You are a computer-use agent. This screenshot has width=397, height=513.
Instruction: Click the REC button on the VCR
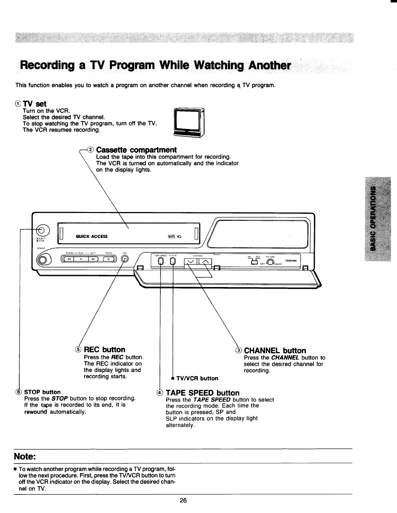pos(125,259)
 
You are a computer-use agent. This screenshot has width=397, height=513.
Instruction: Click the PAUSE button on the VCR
pos(109,259)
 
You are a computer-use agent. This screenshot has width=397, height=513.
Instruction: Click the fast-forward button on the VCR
pos(93,259)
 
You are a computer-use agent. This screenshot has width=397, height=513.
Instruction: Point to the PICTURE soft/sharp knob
pos(271,262)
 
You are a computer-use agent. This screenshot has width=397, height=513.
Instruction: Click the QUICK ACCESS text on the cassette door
pos(91,236)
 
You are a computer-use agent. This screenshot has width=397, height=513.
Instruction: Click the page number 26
pos(183,500)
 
